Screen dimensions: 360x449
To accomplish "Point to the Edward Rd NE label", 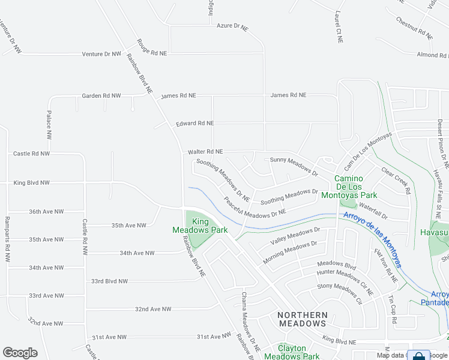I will pos(194,124).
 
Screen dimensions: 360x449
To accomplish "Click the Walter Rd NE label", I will pos(205,152).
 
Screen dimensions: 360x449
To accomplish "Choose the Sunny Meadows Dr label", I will pos(294,166).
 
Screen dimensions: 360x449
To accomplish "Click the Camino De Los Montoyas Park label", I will pos(357,187).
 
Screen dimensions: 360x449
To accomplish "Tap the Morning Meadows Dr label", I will pos(289,253).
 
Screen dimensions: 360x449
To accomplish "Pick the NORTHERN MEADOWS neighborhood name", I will pos(302,319).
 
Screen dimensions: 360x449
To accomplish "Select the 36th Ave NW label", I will pos(46,211).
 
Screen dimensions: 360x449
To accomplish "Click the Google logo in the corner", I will pos(20,353).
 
